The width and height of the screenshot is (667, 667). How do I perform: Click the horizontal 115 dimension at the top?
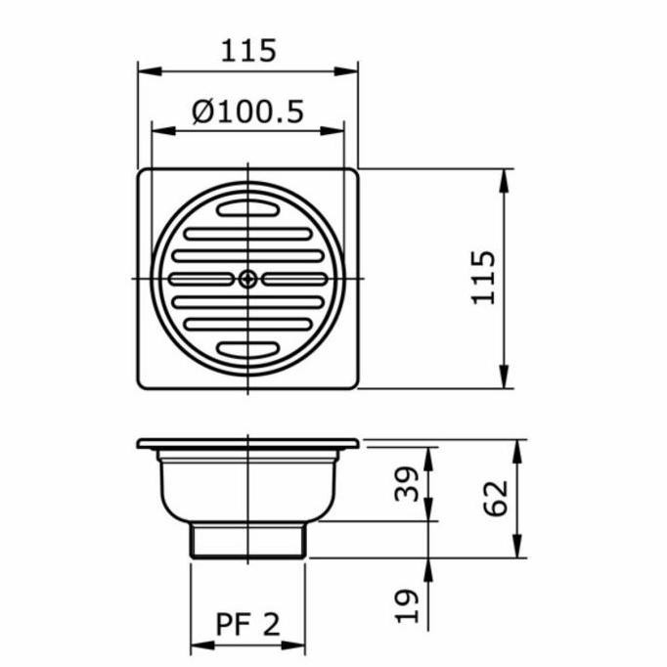[248, 51]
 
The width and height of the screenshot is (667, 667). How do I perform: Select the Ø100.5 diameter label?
[248, 111]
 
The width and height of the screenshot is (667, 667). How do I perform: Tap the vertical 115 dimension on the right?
[484, 278]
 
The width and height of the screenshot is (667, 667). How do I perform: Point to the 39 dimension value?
[407, 484]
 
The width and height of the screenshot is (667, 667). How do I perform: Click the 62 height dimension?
[496, 498]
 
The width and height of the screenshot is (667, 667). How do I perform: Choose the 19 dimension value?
[407, 606]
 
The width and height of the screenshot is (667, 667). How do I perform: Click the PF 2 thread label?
[248, 624]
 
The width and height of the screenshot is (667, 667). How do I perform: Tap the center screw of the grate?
[247, 279]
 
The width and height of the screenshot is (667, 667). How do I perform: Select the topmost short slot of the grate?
[248, 209]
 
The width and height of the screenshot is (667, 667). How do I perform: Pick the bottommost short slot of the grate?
[248, 349]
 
